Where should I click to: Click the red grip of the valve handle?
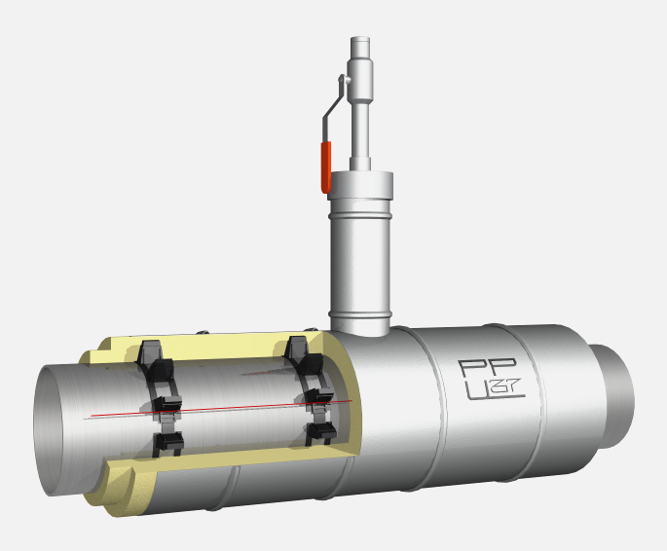coord(326,167)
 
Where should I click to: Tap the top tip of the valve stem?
coord(360,37)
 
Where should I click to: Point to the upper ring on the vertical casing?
coord(360,215)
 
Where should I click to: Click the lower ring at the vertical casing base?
coord(360,315)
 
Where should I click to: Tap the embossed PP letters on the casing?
coord(488,368)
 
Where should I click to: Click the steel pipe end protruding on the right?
coord(612,395)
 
